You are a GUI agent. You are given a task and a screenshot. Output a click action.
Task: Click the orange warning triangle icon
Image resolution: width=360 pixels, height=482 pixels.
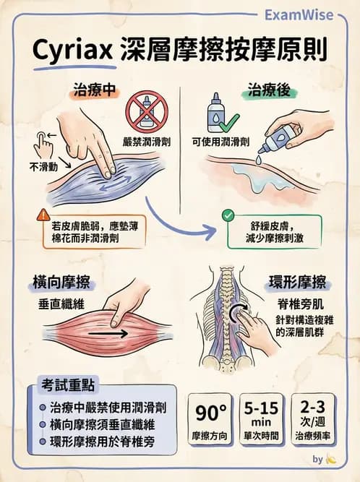[x=42, y=216]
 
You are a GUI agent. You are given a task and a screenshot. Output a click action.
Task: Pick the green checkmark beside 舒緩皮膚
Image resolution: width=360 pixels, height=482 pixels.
[x=228, y=215]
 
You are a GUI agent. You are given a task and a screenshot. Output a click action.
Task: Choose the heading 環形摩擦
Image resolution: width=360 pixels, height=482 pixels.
[x=297, y=282]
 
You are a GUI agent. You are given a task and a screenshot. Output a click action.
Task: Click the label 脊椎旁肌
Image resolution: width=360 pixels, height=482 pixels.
[x=297, y=305]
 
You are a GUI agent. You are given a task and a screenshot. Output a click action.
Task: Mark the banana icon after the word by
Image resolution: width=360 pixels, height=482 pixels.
[x=331, y=459]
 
